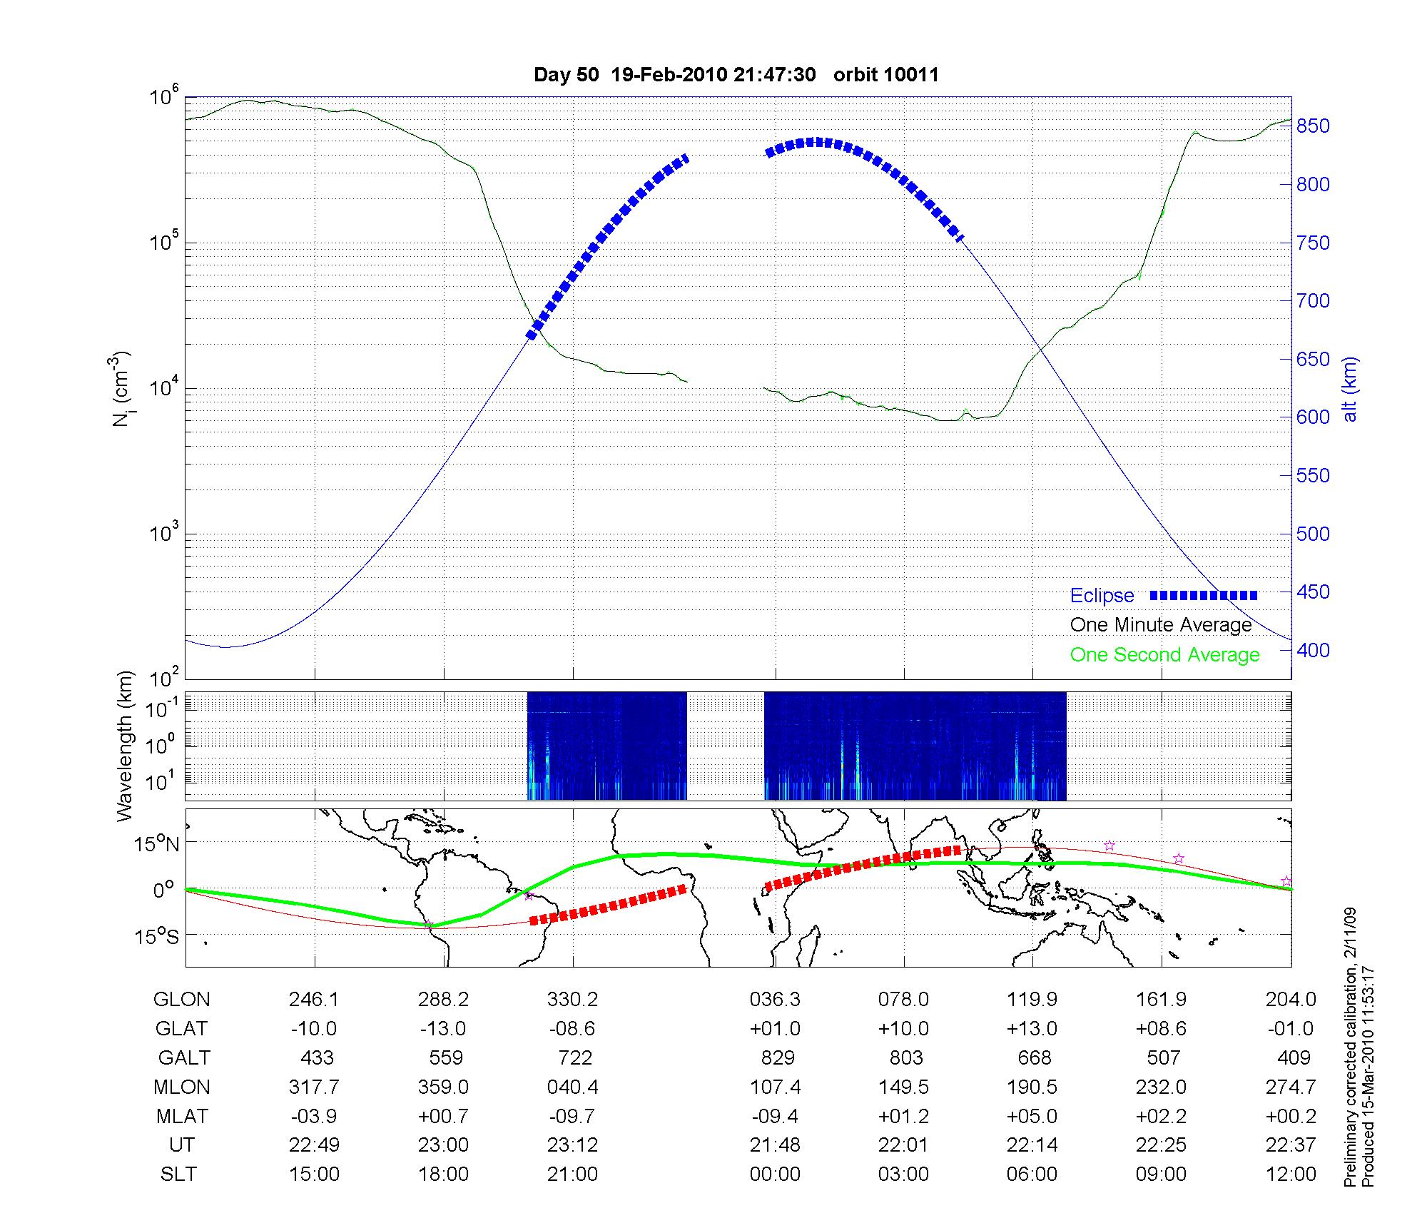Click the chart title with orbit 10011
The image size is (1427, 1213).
[736, 75]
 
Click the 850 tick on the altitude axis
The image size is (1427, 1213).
[1314, 126]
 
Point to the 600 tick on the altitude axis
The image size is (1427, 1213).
[1314, 417]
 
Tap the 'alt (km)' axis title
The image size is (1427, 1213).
[1350, 389]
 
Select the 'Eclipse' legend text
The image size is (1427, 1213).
[1102, 596]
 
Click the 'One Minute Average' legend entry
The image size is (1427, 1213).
[1161, 625]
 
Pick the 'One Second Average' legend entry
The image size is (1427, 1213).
[1164, 655]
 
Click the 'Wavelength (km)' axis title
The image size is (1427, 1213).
[126, 746]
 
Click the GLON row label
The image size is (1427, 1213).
[181, 1000]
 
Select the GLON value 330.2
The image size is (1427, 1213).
[572, 1000]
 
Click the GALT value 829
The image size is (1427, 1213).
[778, 1057]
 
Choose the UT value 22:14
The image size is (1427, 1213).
[1032, 1145]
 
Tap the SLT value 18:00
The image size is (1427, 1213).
[443, 1174]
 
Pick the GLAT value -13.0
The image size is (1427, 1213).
[443, 1029]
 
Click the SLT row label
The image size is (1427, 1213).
[178, 1174]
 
